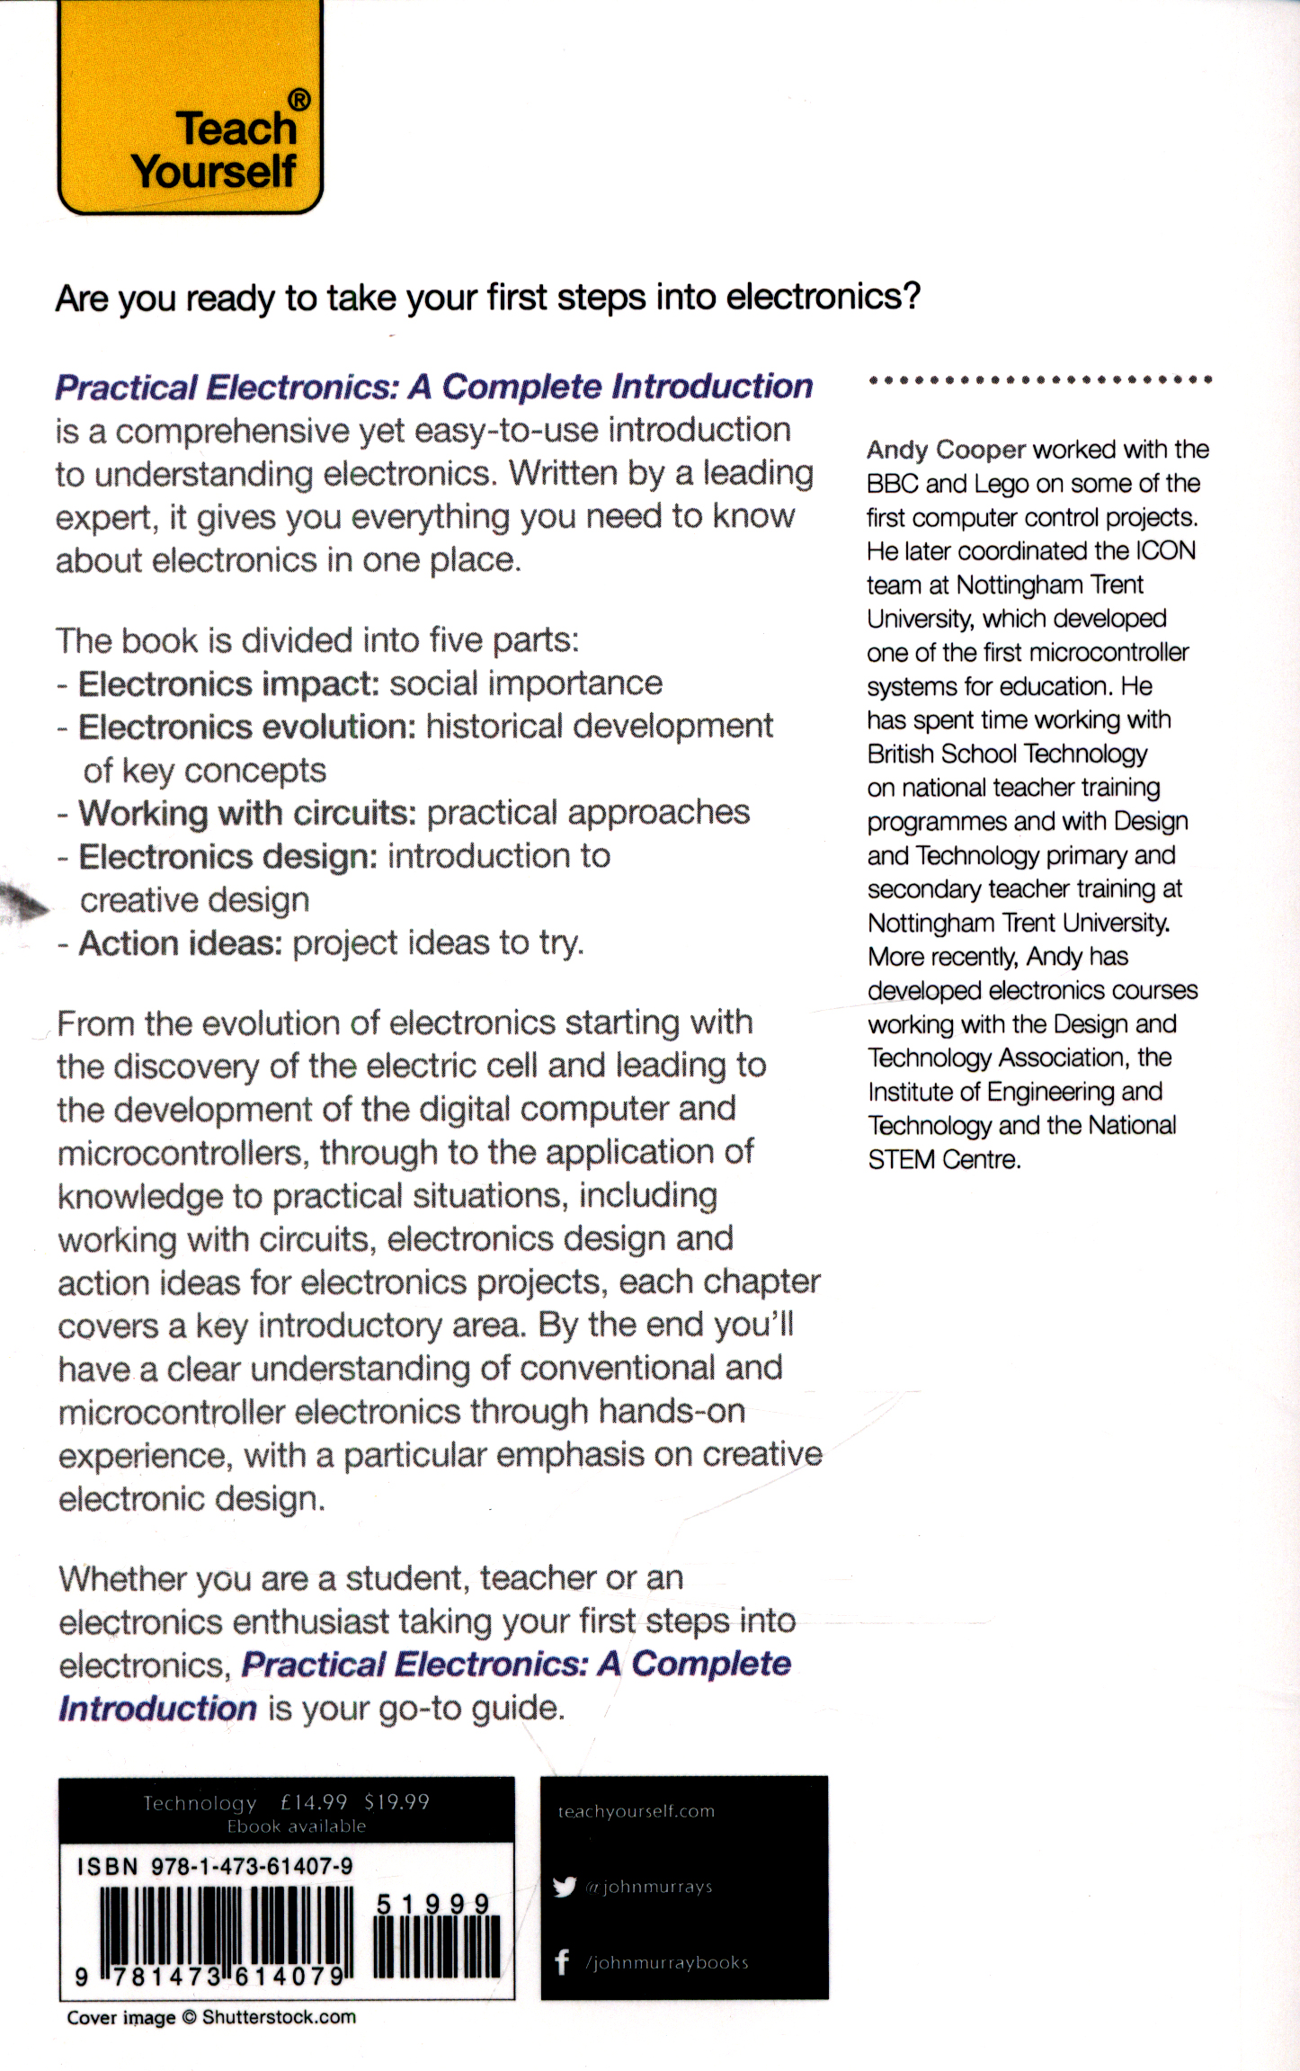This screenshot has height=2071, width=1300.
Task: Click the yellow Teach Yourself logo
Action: tap(190, 108)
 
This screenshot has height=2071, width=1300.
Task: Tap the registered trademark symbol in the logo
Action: tap(299, 100)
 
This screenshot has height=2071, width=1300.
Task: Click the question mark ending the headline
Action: tap(912, 296)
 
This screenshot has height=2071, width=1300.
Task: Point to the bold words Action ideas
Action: tap(181, 943)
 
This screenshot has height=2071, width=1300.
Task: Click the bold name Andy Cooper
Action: tap(946, 450)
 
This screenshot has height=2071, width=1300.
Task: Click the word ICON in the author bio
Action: tap(1165, 550)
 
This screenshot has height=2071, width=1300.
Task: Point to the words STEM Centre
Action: tap(944, 1160)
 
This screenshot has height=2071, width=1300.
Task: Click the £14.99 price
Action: tap(314, 1802)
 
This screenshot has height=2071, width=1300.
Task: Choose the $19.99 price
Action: tap(396, 1802)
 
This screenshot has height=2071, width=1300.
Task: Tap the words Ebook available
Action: tap(297, 1826)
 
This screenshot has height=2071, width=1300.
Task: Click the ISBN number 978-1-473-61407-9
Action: tap(252, 1867)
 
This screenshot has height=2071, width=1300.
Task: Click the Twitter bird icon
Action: tap(565, 1887)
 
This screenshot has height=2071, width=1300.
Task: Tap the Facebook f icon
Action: tap(563, 1961)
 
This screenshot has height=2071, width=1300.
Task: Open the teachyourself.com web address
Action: tap(636, 1811)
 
